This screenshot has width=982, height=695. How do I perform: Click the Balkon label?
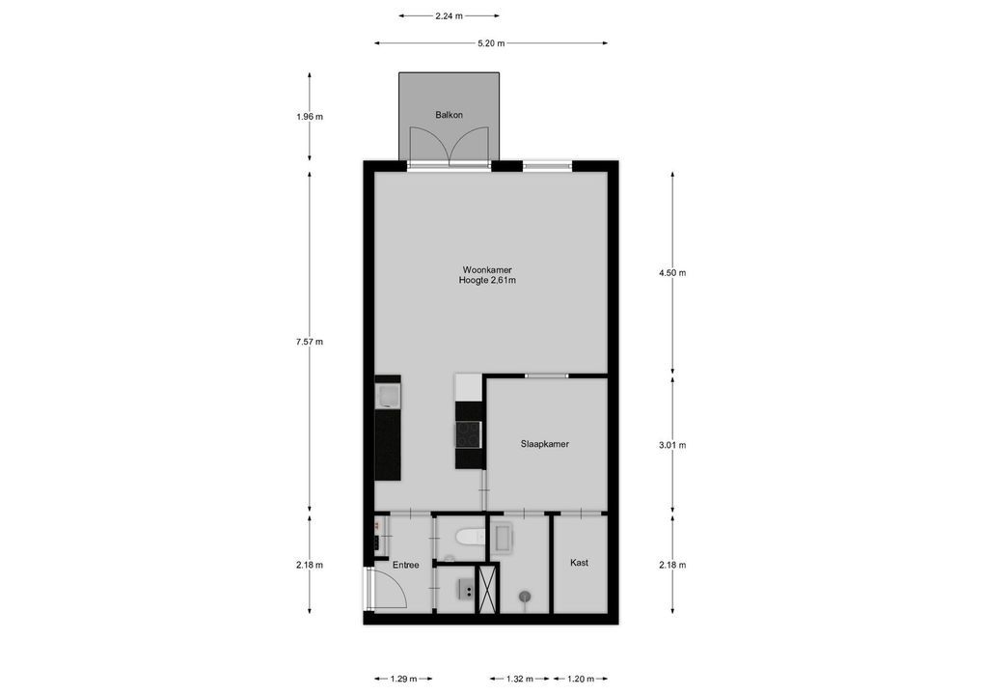(x=449, y=115)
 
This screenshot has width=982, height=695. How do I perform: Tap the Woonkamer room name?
(x=487, y=269)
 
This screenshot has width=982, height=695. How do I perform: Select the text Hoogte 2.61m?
(x=487, y=281)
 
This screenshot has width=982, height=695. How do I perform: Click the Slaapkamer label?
(x=544, y=444)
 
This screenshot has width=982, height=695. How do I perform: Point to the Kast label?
(x=579, y=563)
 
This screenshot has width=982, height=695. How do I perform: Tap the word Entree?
(x=405, y=565)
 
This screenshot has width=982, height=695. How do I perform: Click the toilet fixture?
(x=468, y=537)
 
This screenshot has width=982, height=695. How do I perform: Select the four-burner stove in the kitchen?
(x=469, y=433)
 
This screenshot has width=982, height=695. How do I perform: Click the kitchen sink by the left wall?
(x=388, y=394)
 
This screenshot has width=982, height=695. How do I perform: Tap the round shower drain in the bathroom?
(x=524, y=597)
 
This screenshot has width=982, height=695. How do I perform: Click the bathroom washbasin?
(x=504, y=538)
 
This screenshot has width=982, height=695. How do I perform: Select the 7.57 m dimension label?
(x=310, y=342)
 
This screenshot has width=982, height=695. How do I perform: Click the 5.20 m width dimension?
(x=491, y=43)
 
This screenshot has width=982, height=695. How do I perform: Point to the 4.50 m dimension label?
(x=672, y=272)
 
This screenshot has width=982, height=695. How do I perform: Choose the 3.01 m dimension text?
(x=672, y=445)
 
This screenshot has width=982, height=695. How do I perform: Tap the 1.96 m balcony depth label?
(x=310, y=117)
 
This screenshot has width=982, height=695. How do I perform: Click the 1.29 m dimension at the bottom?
(x=403, y=679)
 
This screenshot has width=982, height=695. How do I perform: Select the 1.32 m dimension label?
(x=520, y=679)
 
